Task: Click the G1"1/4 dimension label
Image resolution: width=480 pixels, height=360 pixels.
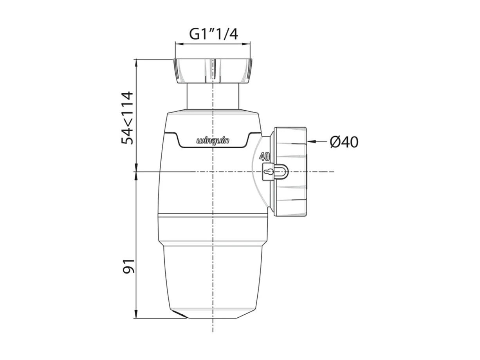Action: (x=213, y=34)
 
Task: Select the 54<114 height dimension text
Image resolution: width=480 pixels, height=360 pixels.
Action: (x=128, y=118)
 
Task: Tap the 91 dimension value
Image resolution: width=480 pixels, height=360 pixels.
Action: (x=128, y=266)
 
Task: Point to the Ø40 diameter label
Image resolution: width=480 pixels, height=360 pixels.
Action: (x=344, y=142)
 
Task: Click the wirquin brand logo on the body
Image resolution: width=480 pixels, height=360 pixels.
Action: (x=213, y=140)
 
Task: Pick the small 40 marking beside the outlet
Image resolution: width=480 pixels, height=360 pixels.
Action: (x=265, y=157)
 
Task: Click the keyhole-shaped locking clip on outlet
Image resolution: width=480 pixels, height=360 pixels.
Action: (x=274, y=172)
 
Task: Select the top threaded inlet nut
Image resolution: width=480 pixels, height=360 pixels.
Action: (x=212, y=71)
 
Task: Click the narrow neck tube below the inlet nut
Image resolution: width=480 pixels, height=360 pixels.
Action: (x=213, y=96)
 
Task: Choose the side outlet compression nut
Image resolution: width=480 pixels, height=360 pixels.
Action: (x=290, y=172)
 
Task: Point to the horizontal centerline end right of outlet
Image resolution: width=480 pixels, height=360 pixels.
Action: (x=332, y=172)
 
